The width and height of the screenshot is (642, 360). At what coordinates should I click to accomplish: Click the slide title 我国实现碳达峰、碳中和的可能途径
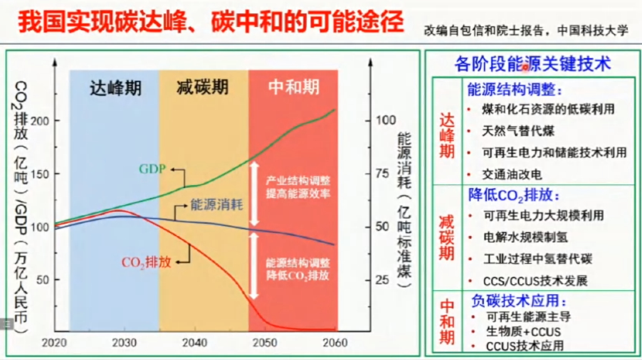click(x=210, y=23)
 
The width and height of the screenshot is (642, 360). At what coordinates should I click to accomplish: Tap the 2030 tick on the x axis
click(x=124, y=343)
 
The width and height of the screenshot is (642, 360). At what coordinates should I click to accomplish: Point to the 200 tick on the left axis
click(x=39, y=120)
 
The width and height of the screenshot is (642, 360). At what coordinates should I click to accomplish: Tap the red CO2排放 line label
click(x=149, y=262)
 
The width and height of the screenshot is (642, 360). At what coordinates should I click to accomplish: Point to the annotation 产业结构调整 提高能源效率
click(x=298, y=186)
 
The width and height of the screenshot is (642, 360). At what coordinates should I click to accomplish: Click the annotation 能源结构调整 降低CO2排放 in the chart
click(x=298, y=269)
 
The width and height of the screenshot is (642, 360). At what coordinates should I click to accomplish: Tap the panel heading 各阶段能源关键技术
click(x=532, y=64)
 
